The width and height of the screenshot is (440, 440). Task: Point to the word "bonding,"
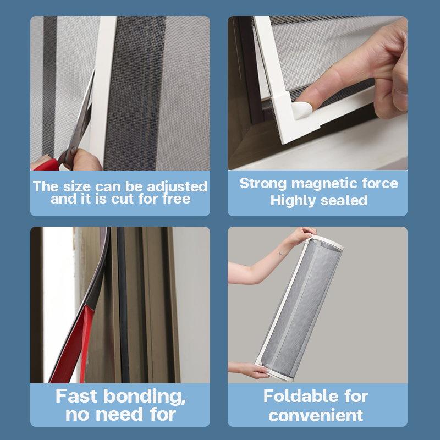(x=145, y=397)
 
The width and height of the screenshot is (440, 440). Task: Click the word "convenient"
(x=316, y=416)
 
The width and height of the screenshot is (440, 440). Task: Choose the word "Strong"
(x=263, y=184)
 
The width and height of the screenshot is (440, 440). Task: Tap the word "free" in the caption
(x=177, y=199)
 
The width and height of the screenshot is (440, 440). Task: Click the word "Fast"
(x=76, y=396)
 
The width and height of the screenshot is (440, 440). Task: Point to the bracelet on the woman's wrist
(x=282, y=254)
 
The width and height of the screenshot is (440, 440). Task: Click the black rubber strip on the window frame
(x=123, y=305)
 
